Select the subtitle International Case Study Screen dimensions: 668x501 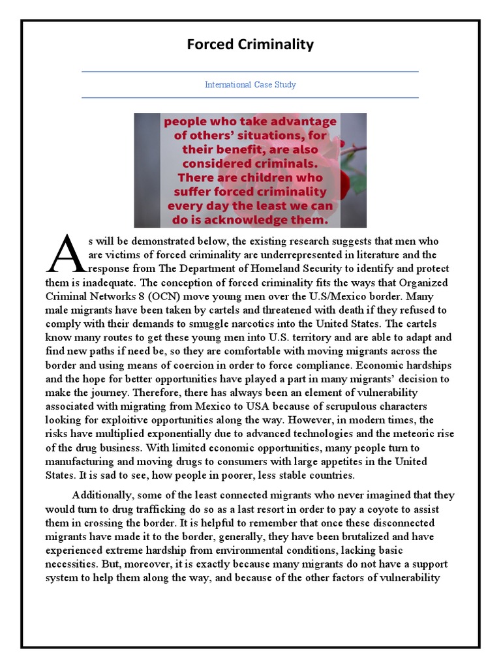[250, 85]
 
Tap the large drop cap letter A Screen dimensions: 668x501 [66, 254]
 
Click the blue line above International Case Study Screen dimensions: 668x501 [250, 72]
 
